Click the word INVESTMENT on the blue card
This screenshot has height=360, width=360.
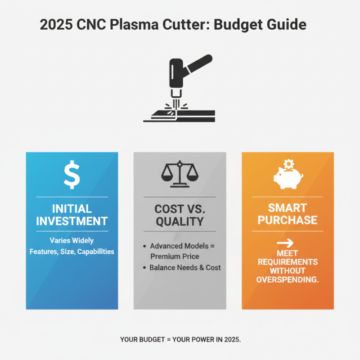[x=72, y=221]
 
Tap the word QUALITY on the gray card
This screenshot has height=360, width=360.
[x=180, y=221]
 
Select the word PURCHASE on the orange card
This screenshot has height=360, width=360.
[x=287, y=220]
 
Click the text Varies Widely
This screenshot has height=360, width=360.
[x=72, y=240]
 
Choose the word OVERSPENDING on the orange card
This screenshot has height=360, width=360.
[x=287, y=279]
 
